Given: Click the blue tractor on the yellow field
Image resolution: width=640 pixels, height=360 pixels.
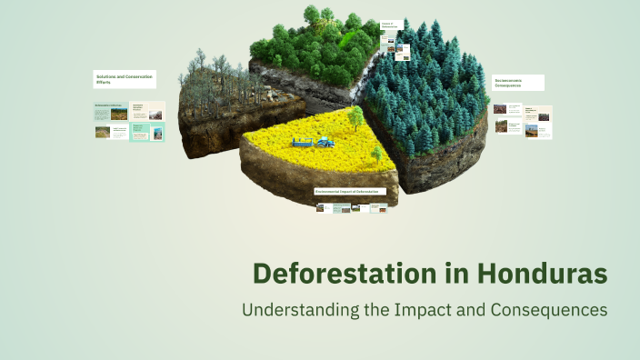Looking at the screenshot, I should point(324,141).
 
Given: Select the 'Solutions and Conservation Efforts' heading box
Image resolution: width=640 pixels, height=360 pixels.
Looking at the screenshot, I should point(125,79).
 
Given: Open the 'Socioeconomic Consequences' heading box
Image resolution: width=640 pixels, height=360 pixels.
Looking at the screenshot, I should point(518,83).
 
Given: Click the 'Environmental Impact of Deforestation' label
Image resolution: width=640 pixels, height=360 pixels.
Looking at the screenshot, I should point(350,192).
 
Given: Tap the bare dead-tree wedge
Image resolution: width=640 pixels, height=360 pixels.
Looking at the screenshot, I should point(218,100).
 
